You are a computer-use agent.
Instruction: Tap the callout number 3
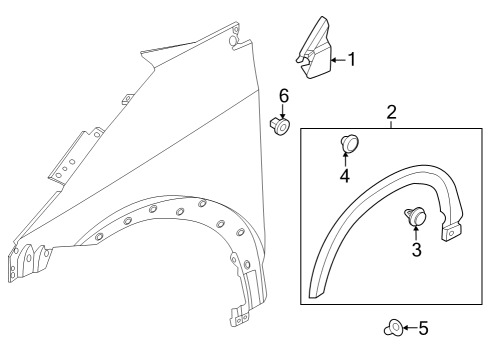tap(417, 249)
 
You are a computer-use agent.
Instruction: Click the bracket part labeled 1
tap(317, 55)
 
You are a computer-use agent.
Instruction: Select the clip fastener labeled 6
tap(280, 126)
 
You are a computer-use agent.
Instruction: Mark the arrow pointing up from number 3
tap(417, 232)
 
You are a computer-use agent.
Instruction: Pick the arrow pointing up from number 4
tap(344, 162)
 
